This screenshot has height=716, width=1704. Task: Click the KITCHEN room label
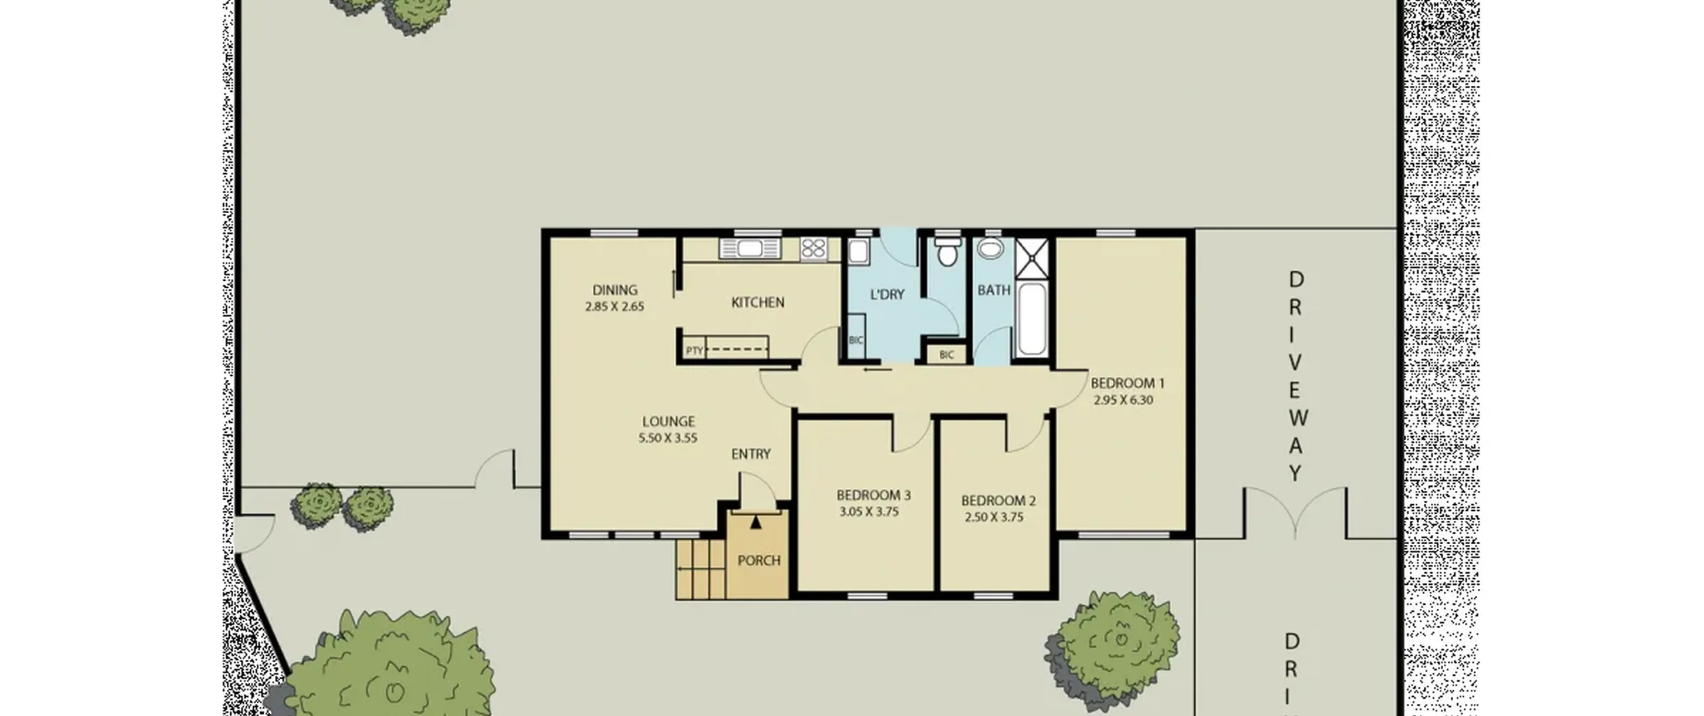point(757,302)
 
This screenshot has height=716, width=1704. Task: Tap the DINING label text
point(614,290)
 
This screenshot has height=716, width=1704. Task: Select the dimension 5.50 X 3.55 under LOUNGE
point(668,438)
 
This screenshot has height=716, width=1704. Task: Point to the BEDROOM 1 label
point(1128,383)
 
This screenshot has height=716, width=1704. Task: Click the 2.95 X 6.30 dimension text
point(1124,400)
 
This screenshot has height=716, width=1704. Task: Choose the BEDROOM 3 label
point(873,495)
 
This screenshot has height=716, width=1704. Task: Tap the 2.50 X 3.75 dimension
point(994,518)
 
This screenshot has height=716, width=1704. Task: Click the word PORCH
point(759,561)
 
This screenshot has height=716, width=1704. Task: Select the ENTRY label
point(751,454)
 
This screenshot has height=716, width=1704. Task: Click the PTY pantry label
point(694,350)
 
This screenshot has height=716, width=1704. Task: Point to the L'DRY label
point(887,294)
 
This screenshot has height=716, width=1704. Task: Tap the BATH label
point(994,290)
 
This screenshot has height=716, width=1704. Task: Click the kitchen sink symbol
point(749,249)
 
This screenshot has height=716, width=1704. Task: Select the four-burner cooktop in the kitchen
point(813,249)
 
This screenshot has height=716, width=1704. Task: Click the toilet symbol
point(947,252)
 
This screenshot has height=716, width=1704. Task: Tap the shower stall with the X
point(1032,258)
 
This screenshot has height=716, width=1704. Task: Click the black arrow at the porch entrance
point(755,522)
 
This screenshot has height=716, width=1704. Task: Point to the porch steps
point(701,569)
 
